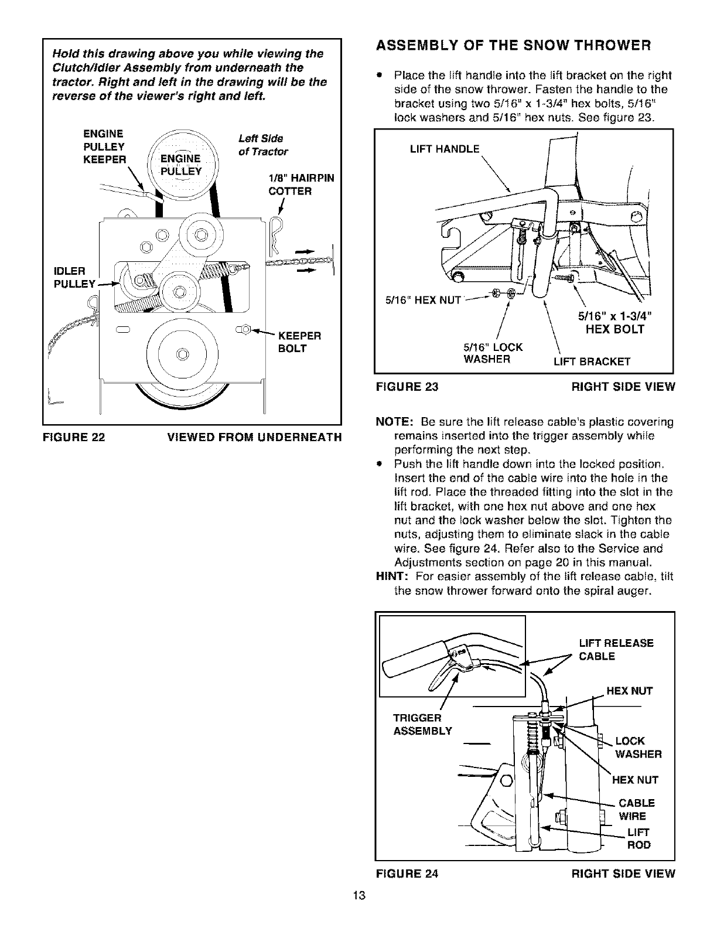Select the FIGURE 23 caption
click(x=407, y=387)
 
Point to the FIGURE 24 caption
click(x=407, y=874)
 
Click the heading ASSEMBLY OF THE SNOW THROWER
click(x=513, y=45)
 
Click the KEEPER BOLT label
click(x=299, y=342)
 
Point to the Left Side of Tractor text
click(x=264, y=145)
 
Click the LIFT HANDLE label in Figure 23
click(x=445, y=149)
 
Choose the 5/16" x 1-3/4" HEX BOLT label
click(x=614, y=323)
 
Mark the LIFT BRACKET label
click(x=592, y=361)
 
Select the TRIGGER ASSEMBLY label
click(x=423, y=724)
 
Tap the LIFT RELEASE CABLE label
click(x=616, y=649)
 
